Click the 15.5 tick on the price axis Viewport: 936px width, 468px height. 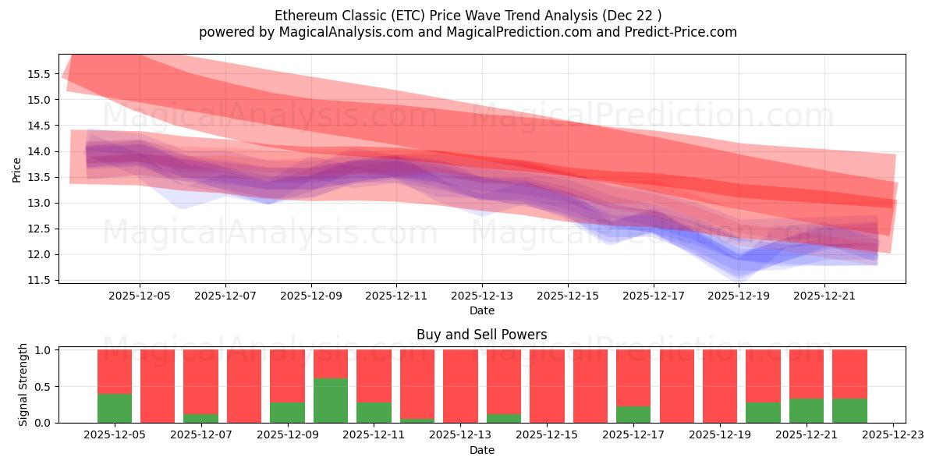pyautogui.click(x=40, y=74)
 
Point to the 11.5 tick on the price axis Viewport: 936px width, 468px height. pyautogui.click(x=40, y=280)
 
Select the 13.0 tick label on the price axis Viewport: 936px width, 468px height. pyautogui.click(x=40, y=203)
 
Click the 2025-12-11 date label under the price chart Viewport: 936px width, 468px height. pyautogui.click(x=396, y=296)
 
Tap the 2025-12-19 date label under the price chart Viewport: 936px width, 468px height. pyautogui.click(x=739, y=296)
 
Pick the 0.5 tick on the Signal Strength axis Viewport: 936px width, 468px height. pyautogui.click(x=43, y=387)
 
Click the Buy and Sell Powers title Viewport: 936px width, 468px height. pyautogui.click(x=481, y=335)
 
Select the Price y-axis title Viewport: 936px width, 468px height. pyautogui.click(x=17, y=168)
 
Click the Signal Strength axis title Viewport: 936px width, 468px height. pyautogui.click(x=23, y=385)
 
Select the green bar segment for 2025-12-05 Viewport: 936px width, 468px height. pyautogui.click(x=115, y=408)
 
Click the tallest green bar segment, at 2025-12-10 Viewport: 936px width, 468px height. pyautogui.click(x=331, y=400)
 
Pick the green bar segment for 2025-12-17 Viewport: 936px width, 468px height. pyautogui.click(x=633, y=414)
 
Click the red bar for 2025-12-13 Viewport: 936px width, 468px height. pyautogui.click(x=460, y=386)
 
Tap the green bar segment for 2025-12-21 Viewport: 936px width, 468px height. pyautogui.click(x=807, y=410)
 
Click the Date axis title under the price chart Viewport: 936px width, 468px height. pyautogui.click(x=481, y=311)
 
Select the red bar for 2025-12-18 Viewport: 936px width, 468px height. pyautogui.click(x=676, y=386)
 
